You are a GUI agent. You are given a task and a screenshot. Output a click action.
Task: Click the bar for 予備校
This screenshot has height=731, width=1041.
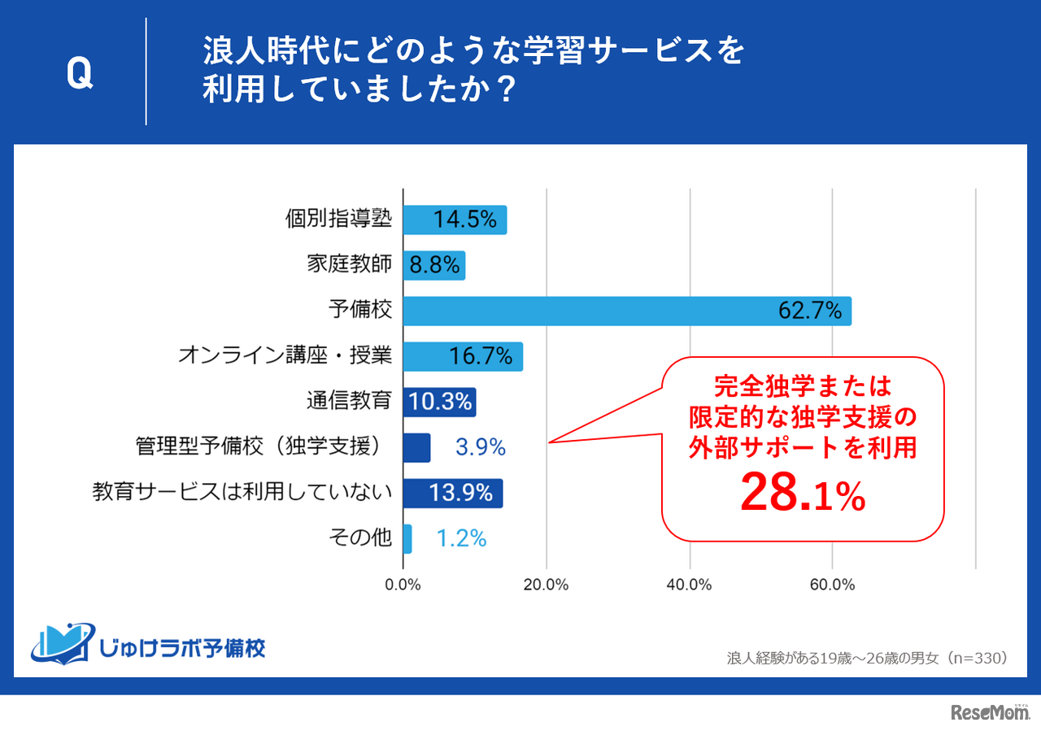(627, 311)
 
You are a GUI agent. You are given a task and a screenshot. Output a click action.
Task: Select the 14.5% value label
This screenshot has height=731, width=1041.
(464, 220)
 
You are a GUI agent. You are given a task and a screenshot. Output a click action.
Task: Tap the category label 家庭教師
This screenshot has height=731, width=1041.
(350, 264)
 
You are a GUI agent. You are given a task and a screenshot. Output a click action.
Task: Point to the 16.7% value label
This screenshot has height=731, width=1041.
(481, 356)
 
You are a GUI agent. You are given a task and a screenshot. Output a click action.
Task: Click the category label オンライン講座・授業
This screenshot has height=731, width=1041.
(285, 355)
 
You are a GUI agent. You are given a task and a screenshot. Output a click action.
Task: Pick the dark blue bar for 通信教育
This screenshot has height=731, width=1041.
(439, 402)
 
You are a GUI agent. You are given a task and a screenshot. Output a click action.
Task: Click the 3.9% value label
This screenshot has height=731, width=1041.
(480, 447)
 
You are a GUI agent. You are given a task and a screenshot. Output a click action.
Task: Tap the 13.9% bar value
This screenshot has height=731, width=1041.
(462, 493)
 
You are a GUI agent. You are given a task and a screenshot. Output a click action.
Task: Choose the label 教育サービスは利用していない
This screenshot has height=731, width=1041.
(242, 492)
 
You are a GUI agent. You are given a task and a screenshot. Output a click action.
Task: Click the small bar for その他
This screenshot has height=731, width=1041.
(407, 538)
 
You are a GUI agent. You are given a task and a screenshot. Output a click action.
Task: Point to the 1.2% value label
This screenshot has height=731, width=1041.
(461, 538)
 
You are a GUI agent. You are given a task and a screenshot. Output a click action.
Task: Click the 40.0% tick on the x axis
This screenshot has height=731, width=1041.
(690, 585)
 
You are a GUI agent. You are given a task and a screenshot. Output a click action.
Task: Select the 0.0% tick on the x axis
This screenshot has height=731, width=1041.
(403, 585)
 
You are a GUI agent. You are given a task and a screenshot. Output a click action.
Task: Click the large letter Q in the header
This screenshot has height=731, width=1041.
(80, 74)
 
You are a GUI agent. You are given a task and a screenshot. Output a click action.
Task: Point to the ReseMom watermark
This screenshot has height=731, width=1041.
(990, 712)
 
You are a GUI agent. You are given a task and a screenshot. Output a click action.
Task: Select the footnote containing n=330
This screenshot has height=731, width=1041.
(868, 657)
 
